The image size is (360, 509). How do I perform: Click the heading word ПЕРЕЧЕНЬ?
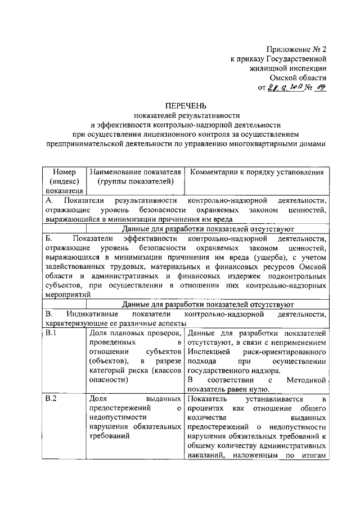coord(185,105)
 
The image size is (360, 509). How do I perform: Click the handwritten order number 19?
coord(321,87)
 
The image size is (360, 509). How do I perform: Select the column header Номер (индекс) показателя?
coord(64,181)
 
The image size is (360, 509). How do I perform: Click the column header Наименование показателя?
coord(136,172)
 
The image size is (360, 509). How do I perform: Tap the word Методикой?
coord(307,381)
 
